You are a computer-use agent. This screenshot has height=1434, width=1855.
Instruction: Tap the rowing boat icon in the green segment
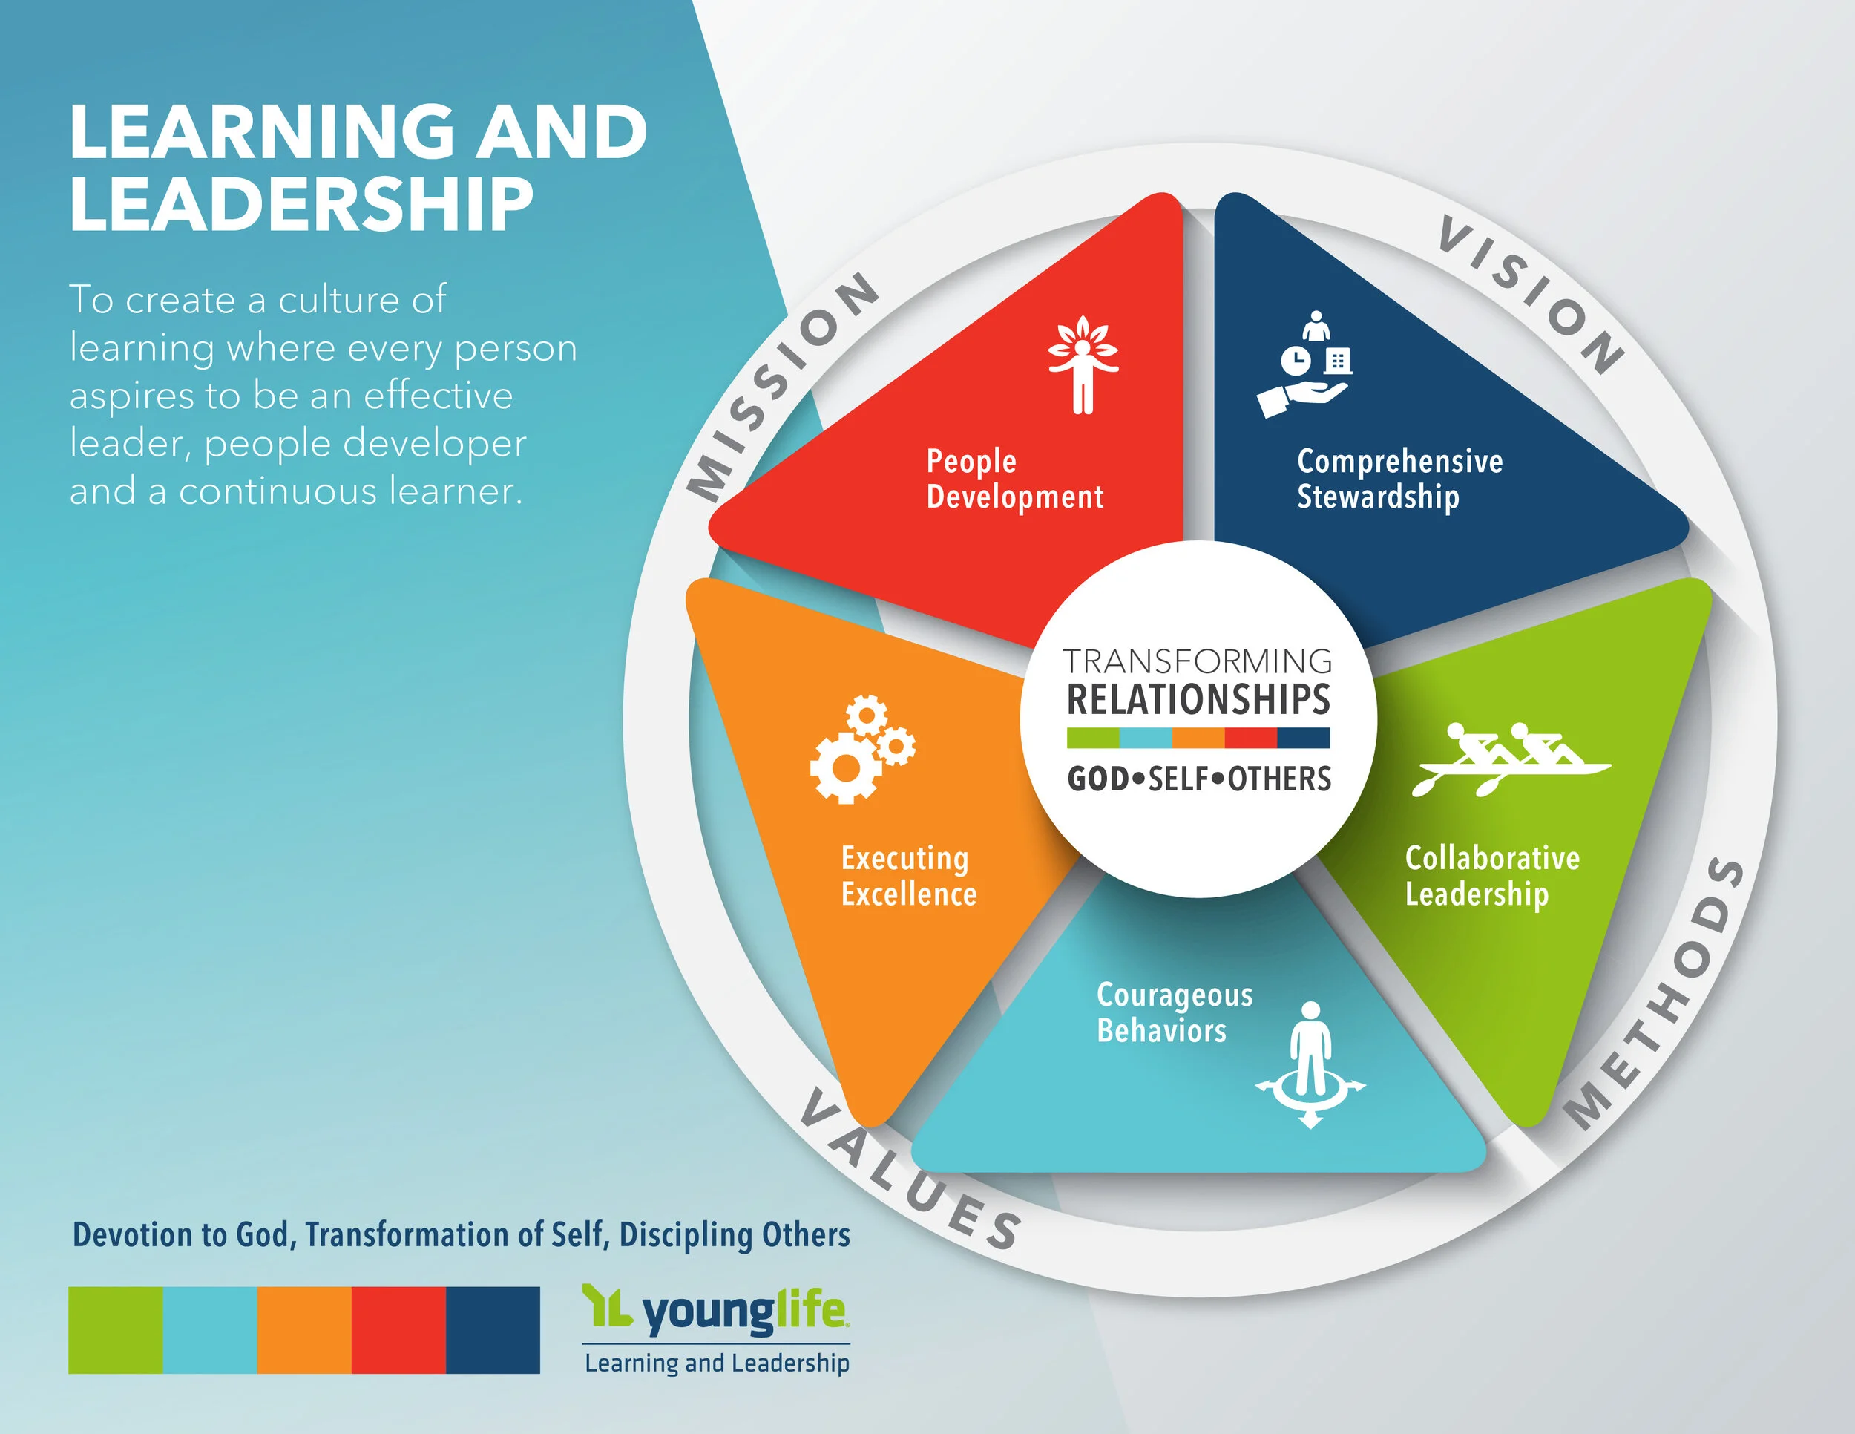point(1511,759)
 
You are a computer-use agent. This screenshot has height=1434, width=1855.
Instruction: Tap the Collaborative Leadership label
point(1491,876)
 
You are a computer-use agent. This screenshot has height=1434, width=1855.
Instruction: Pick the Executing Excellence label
point(908,876)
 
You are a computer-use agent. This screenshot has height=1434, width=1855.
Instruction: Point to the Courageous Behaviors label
point(1174,1012)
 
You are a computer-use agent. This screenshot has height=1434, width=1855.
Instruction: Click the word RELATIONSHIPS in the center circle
point(1198,699)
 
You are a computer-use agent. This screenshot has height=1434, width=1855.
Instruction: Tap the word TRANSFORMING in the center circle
point(1198,661)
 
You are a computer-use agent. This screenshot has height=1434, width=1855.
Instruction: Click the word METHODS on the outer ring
point(1656,994)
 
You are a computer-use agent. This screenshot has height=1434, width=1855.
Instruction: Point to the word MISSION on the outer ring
point(781,387)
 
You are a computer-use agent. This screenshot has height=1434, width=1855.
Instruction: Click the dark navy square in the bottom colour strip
point(493,1329)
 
